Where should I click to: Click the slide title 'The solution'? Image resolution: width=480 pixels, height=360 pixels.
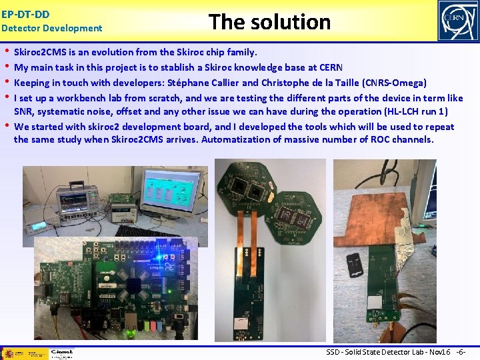269,22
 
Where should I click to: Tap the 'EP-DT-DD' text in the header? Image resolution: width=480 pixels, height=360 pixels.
25,13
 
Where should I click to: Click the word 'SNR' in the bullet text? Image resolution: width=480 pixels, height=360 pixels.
23,111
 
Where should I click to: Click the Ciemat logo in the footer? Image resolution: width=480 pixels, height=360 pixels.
61,353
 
